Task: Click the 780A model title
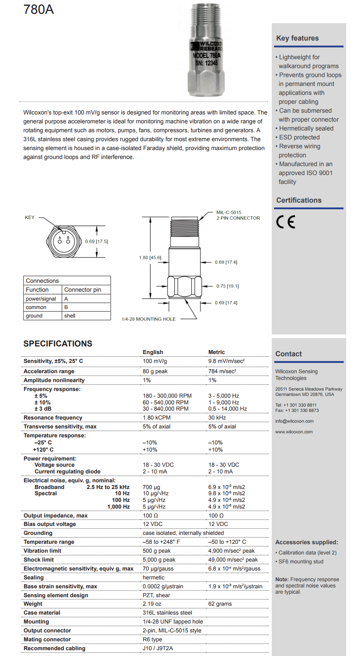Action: coord(39,9)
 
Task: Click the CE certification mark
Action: coord(286,222)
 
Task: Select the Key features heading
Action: coord(297,38)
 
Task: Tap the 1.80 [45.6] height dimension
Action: coord(150,257)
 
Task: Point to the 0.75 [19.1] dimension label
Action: coord(226,286)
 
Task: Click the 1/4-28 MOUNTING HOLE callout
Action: coord(149,319)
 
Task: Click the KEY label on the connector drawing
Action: coord(30,218)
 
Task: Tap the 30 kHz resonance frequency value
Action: coord(217,418)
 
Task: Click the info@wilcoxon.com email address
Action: coord(295,421)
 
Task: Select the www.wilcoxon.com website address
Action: coord(294,432)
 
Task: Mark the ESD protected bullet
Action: coord(299,137)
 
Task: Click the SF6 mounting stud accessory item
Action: coord(301,562)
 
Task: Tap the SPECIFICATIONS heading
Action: coord(58,343)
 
